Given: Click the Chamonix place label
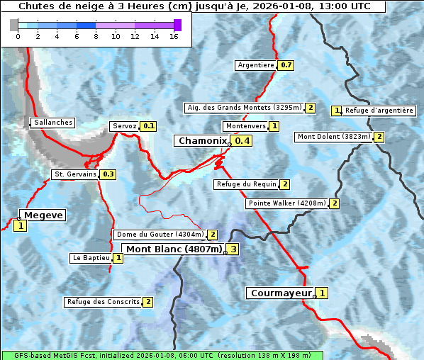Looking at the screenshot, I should coord(202,141).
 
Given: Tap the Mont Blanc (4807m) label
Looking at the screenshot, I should coord(174,249).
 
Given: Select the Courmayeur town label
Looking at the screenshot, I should coord(281,293).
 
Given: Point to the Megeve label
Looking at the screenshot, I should coord(43,215).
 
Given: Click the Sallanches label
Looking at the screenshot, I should coord(53,123).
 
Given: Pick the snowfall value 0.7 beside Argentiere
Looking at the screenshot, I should coord(286,65).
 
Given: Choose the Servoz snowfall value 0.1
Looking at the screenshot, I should coord(148,126).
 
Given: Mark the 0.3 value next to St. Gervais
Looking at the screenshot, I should coord(108,174).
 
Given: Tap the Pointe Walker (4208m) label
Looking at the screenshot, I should coord(287,203).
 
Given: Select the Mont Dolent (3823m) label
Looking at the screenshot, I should coord(334,137).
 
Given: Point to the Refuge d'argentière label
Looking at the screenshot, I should coord(379,111).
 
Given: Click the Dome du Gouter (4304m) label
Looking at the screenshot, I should coord(160,235).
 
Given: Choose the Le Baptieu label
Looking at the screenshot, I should coord(91,258).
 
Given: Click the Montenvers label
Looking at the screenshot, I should coord(245,126).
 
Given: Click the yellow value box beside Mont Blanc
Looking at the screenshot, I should coord(233,249).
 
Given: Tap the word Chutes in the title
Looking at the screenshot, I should coord(35,6).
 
